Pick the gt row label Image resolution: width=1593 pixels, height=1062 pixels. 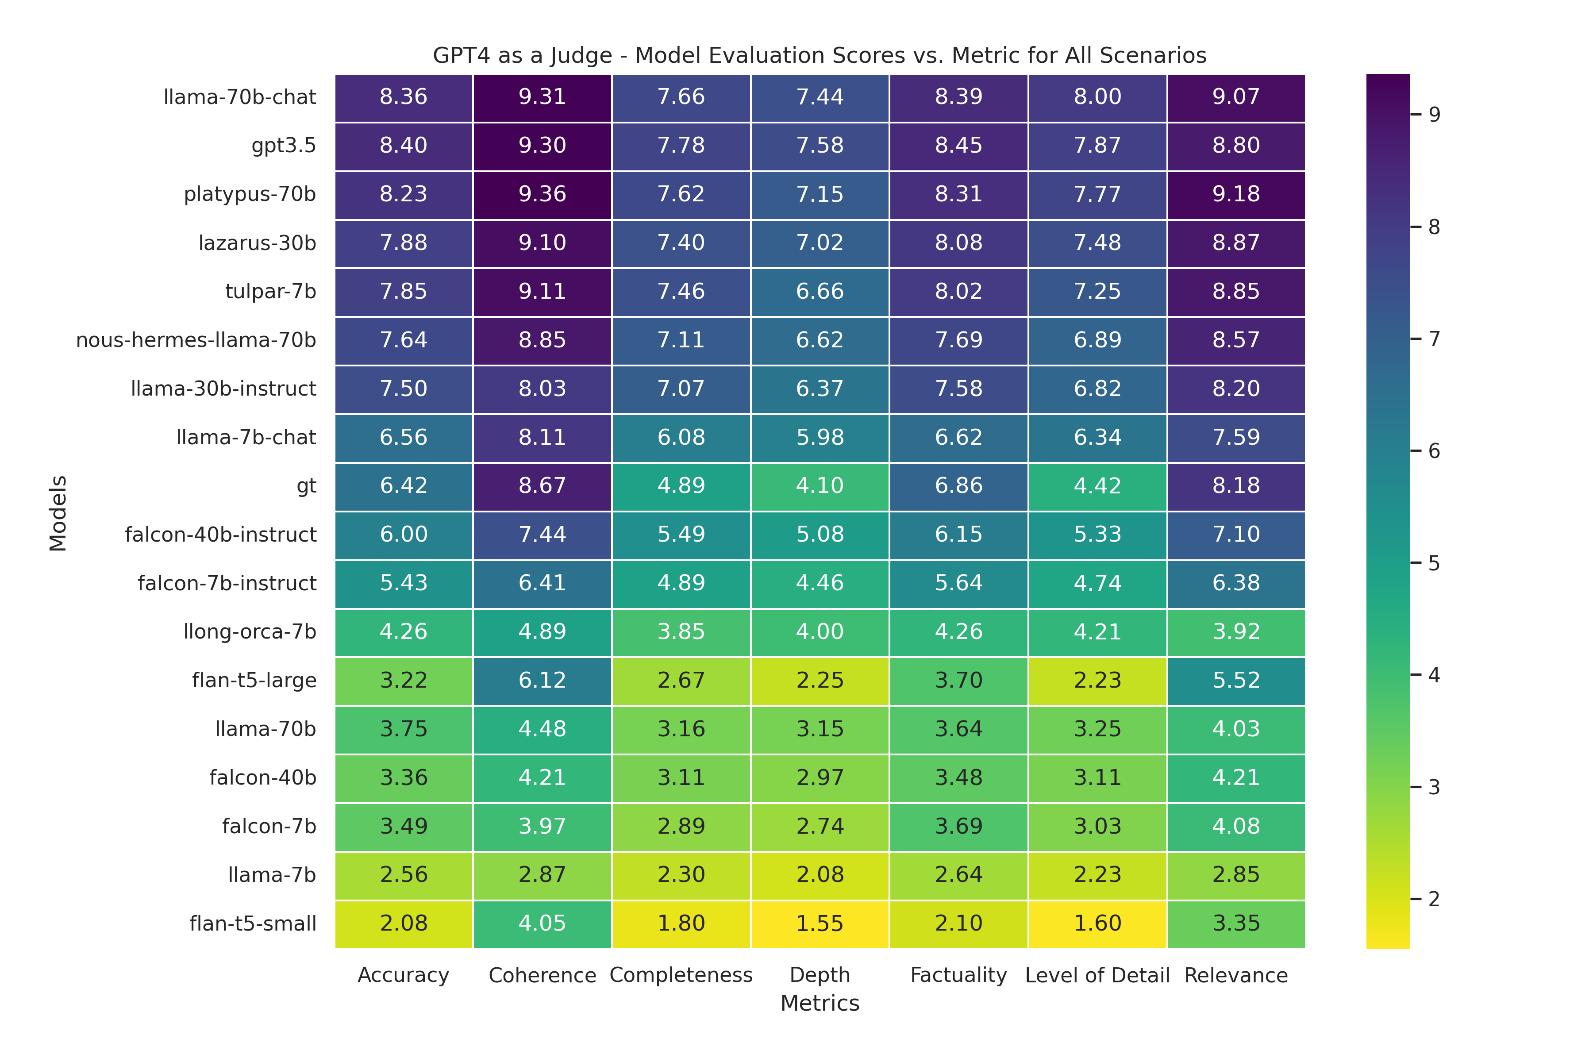(306, 486)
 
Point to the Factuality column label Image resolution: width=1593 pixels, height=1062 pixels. (958, 975)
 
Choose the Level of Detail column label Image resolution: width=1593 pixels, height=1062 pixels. (1097, 975)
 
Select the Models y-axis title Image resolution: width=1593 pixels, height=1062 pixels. (58, 513)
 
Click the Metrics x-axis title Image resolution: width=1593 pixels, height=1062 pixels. (820, 1003)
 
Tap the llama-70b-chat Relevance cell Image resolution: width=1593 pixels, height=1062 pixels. (1236, 97)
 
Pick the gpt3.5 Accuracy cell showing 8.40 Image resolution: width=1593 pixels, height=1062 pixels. (404, 146)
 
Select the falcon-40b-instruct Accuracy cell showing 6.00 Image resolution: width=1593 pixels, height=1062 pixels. (404, 535)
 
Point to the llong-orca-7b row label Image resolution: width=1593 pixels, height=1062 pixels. (250, 632)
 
